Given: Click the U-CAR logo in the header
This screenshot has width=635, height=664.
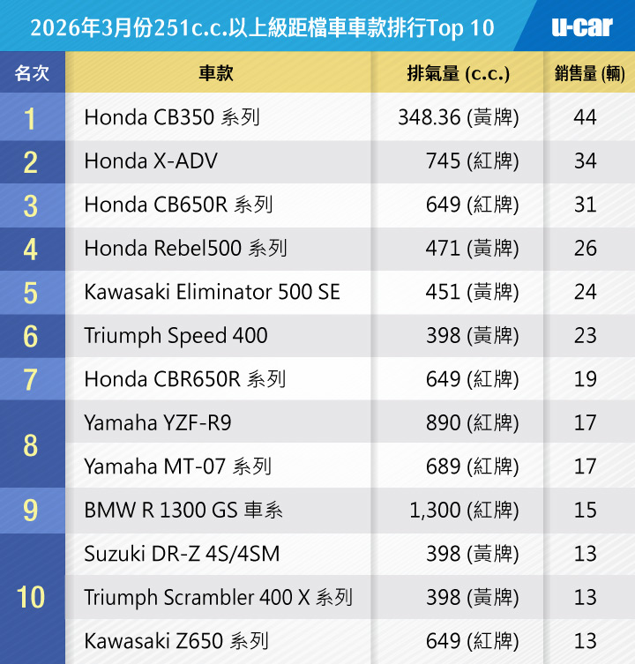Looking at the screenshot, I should click(x=582, y=26).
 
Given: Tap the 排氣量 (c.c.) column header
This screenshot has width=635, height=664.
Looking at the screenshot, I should click(x=458, y=73).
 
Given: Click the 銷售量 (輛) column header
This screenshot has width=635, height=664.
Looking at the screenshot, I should click(x=590, y=73).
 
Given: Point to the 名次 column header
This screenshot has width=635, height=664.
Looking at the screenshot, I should click(x=32, y=73).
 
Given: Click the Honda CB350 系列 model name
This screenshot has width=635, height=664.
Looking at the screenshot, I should click(x=172, y=117).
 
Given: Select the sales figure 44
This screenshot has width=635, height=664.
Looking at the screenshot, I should click(x=585, y=117).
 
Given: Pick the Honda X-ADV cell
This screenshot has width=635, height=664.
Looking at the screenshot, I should click(x=151, y=161).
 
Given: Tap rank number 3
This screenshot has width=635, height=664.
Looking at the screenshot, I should click(x=31, y=205).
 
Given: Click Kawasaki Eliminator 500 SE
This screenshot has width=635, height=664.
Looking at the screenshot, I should click(x=212, y=292).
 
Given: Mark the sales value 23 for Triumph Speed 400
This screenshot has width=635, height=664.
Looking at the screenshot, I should click(x=585, y=336).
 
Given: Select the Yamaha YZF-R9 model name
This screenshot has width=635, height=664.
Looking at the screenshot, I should click(x=158, y=423).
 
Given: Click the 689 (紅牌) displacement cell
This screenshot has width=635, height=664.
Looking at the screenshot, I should click(x=472, y=466).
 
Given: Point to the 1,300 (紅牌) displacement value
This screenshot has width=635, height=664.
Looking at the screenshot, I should click(x=464, y=511).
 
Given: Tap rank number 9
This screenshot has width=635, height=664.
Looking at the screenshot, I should click(x=31, y=511).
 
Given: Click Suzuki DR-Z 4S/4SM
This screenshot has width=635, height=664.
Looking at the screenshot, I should click(x=182, y=554).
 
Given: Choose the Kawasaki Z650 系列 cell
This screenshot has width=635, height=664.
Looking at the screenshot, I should click(x=176, y=641).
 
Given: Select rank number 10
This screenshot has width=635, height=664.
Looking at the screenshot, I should click(x=31, y=597).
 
